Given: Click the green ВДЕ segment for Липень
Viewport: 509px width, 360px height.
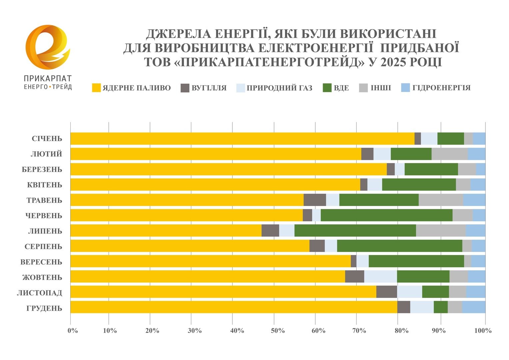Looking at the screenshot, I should pyautogui.click(x=355, y=231).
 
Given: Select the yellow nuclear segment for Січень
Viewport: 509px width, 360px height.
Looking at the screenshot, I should pyautogui.click(x=242, y=139).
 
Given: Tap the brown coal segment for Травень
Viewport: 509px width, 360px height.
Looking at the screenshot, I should pyautogui.click(x=315, y=200).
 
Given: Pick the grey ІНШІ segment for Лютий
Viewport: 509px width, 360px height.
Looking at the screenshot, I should pyautogui.click(x=449, y=154).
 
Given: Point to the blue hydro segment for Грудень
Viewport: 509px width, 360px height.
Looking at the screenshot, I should pyautogui.click(x=474, y=307).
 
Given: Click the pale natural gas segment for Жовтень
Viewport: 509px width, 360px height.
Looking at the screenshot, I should pyautogui.click(x=380, y=277).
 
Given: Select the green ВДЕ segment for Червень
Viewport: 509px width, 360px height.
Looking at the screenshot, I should pyautogui.click(x=386, y=215).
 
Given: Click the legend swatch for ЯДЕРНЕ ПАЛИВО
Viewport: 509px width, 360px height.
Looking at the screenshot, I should pyautogui.click(x=96, y=88).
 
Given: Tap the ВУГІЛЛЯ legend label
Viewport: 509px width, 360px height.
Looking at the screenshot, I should pyautogui.click(x=209, y=88).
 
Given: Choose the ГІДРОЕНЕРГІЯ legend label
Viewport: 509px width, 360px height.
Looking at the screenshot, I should pyautogui.click(x=441, y=88).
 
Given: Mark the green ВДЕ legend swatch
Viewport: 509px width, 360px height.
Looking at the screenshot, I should pyautogui.click(x=327, y=88).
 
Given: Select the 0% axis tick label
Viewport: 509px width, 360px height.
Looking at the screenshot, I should pyautogui.click(x=72, y=331).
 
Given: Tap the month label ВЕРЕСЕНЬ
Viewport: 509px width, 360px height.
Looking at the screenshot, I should pyautogui.click(x=41, y=262).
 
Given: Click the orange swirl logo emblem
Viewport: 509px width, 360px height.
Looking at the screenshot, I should pyautogui.click(x=48, y=47).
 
